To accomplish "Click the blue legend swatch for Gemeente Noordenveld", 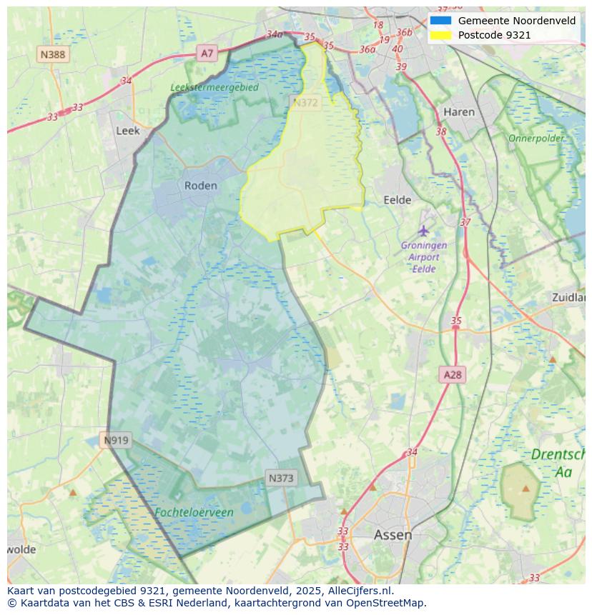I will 440,21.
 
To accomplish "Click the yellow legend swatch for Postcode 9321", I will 440,35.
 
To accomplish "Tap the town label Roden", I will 200,186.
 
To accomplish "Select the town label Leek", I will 128,131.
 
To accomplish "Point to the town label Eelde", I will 398,201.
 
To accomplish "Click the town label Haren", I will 459,112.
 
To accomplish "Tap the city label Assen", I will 393,535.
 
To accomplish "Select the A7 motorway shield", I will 207,53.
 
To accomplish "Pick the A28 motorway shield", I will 453,374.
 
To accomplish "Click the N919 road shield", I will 116,440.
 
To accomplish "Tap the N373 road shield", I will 281,478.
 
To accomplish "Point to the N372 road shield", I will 305,103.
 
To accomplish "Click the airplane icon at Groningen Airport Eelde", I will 424,231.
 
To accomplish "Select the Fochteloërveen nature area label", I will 194,513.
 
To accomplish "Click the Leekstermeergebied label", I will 214,87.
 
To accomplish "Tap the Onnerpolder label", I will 536,138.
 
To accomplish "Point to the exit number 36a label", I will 367,49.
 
